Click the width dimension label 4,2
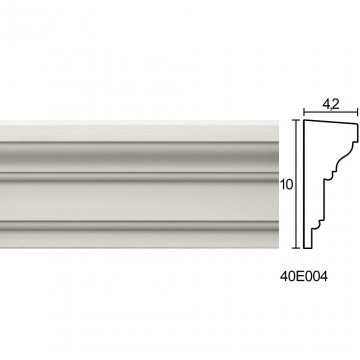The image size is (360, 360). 331,104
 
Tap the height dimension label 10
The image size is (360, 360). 286,185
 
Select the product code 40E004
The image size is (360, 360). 304,277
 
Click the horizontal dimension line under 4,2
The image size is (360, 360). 331,112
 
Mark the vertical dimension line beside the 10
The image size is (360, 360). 296,184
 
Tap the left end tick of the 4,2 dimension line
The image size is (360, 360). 304,112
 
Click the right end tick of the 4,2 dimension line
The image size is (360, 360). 358,112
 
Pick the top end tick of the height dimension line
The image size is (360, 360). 296,120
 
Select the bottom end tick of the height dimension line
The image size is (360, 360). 296,248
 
